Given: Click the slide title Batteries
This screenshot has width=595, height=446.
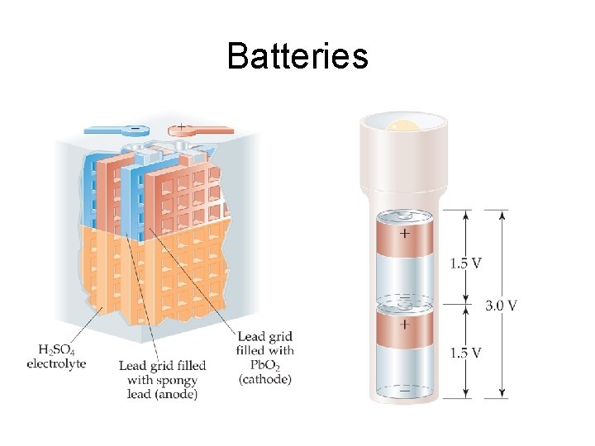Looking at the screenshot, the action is point(297,56).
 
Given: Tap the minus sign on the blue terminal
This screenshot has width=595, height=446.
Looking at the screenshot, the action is point(135,130).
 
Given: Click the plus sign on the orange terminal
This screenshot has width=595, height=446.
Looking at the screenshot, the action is point(181,129).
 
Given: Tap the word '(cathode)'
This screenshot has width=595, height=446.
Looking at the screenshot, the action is point(264,379).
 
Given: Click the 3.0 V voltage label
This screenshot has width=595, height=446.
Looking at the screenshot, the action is point(501,305).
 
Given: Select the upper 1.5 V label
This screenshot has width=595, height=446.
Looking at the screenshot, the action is point(466,263).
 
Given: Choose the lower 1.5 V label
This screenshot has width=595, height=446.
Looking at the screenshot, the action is point(466,353).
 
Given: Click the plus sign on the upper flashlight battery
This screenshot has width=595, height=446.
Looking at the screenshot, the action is point(404,234).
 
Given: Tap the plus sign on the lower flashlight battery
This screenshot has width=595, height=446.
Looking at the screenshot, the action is point(404,325).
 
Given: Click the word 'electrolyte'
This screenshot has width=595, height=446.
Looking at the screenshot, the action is point(56,363).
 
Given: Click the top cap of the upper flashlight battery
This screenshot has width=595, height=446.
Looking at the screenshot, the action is point(404,215).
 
